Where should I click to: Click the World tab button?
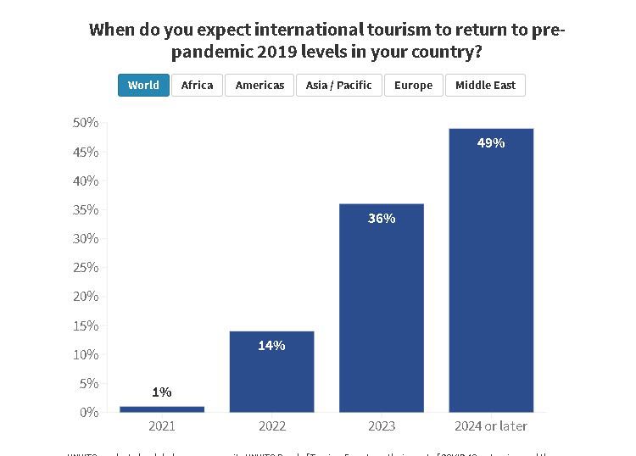143,86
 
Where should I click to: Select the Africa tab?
197,86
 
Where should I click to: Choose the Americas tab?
259,86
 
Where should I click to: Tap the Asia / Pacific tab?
338,86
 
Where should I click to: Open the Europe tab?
413,86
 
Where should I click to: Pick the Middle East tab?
485,86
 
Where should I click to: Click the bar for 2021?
162,409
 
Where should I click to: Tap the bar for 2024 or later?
491,270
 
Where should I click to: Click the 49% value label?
491,143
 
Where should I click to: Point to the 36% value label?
382,219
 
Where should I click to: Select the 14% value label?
271,346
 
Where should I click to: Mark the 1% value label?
162,392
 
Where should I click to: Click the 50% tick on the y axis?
86,123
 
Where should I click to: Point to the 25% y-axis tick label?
86,268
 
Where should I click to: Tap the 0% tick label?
89,413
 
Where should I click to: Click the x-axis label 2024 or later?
491,425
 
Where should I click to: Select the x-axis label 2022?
271,425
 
